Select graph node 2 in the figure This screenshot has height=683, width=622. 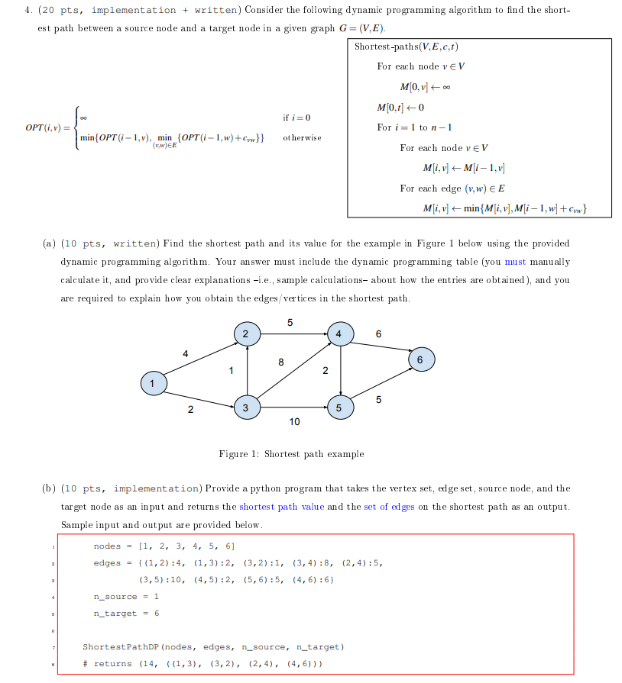(x=246, y=333)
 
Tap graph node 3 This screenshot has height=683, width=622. (x=246, y=408)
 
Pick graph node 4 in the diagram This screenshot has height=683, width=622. (x=340, y=333)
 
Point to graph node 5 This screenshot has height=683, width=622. (x=340, y=408)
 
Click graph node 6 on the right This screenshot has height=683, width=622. (x=420, y=359)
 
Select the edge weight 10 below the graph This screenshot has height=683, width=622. (x=294, y=421)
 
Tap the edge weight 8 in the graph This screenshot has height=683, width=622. (x=282, y=362)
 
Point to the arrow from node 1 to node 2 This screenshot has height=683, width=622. (x=199, y=358)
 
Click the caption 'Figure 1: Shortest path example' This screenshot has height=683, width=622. (x=291, y=454)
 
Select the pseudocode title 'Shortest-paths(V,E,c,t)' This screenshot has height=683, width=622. (x=401, y=47)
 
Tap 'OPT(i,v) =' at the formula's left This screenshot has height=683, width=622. (x=47, y=127)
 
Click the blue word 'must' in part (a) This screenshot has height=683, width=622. (x=515, y=262)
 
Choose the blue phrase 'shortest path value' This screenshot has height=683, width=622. (x=281, y=506)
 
